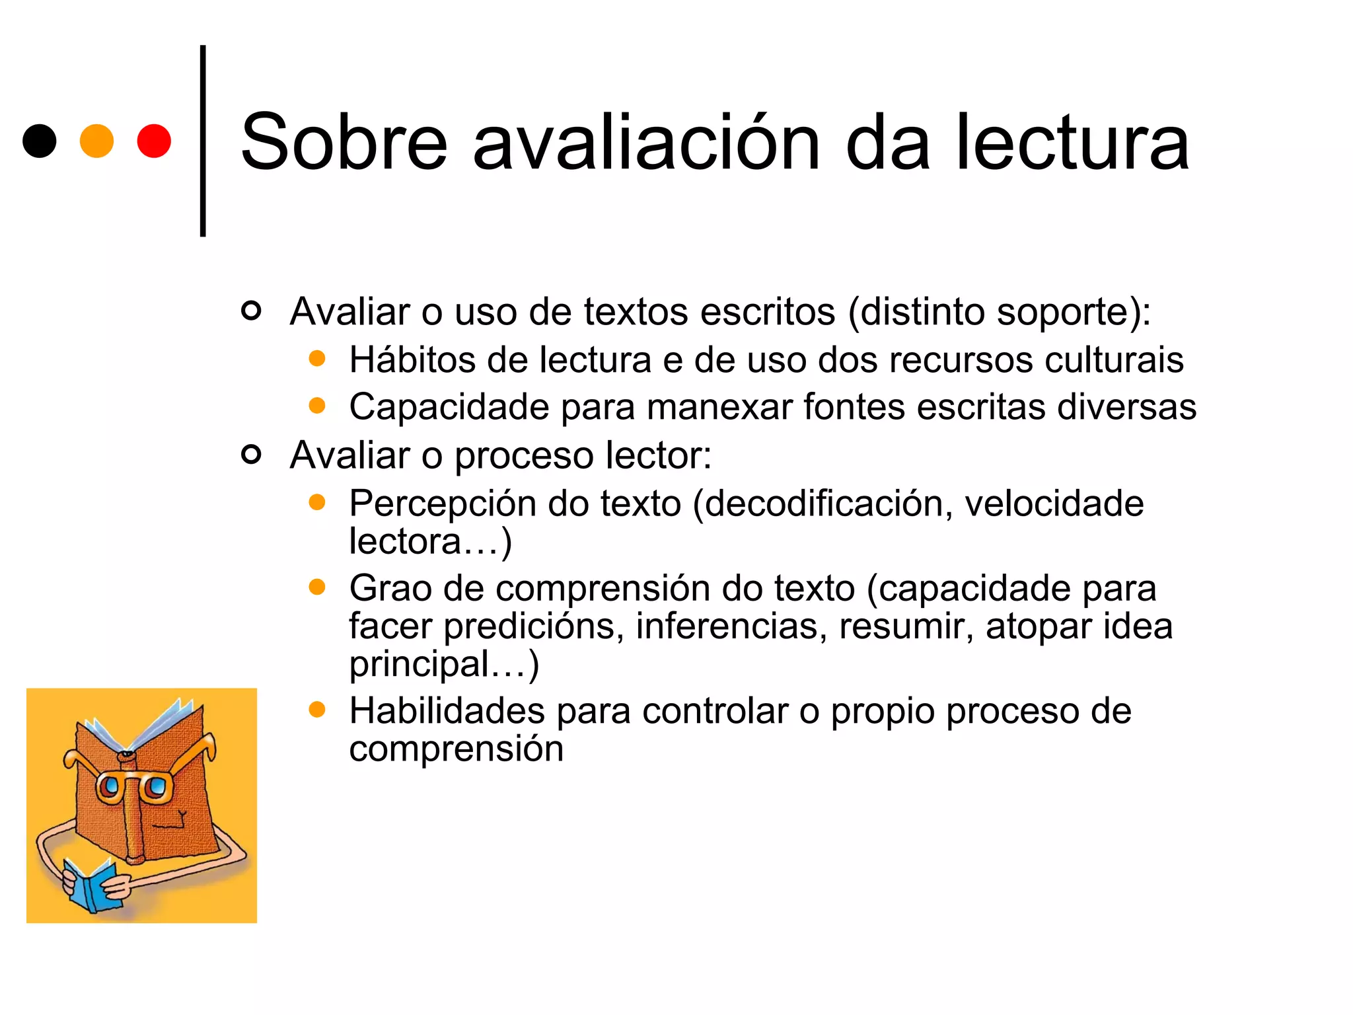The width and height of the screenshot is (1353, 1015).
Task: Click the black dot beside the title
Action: pos(39,141)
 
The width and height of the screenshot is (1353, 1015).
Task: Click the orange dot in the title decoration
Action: pos(96,141)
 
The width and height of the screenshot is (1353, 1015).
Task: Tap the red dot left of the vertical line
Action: pos(154,141)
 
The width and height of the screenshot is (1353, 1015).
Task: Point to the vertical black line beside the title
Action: pos(203,141)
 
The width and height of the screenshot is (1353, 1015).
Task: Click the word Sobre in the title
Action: pos(344,142)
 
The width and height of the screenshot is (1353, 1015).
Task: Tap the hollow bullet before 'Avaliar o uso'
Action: pos(251,310)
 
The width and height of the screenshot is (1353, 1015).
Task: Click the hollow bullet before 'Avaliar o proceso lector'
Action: pos(251,454)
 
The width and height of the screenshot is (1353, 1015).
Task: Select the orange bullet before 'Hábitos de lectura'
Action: pos(317,358)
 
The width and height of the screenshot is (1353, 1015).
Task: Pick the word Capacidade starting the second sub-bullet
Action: pos(449,407)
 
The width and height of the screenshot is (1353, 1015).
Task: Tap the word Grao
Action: pos(390,588)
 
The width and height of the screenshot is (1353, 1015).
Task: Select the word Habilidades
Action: pos(447,711)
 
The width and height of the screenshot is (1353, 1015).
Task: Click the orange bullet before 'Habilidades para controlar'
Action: pos(317,710)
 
